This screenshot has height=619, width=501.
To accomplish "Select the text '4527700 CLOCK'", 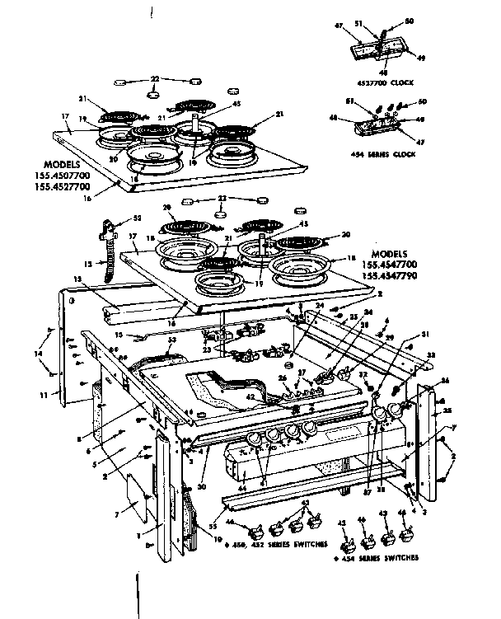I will (386, 83).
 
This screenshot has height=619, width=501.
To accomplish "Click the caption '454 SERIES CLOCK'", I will (382, 155).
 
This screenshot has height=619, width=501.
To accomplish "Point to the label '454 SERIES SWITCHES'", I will (377, 557).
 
